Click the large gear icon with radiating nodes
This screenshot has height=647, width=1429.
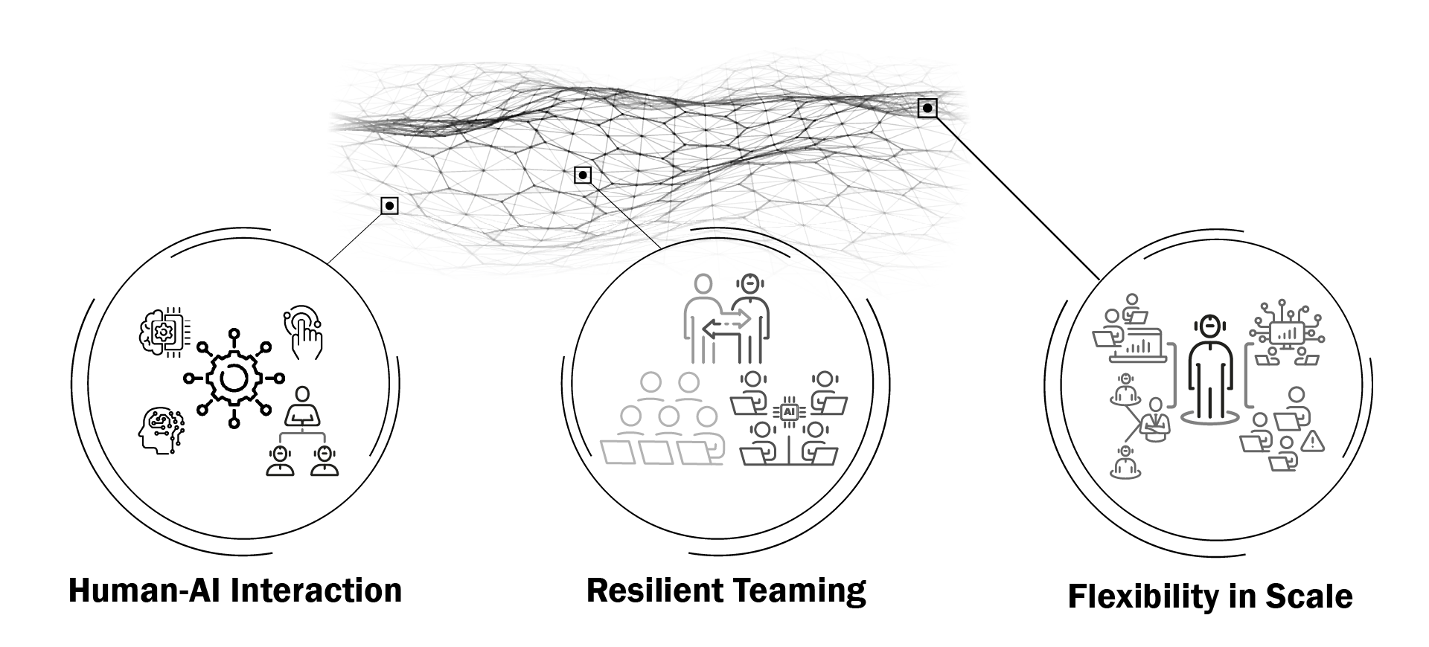(x=234, y=379)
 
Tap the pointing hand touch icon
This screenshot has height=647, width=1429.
(x=304, y=332)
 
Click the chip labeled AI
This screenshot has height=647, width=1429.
(x=790, y=411)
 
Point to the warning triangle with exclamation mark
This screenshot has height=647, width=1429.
(x=1313, y=442)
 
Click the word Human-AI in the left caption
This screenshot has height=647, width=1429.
(x=145, y=590)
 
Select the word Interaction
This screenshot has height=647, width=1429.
(x=316, y=590)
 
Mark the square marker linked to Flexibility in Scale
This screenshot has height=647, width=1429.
(x=927, y=109)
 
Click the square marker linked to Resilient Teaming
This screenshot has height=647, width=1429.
(x=583, y=176)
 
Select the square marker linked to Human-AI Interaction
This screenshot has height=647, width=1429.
(x=389, y=205)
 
